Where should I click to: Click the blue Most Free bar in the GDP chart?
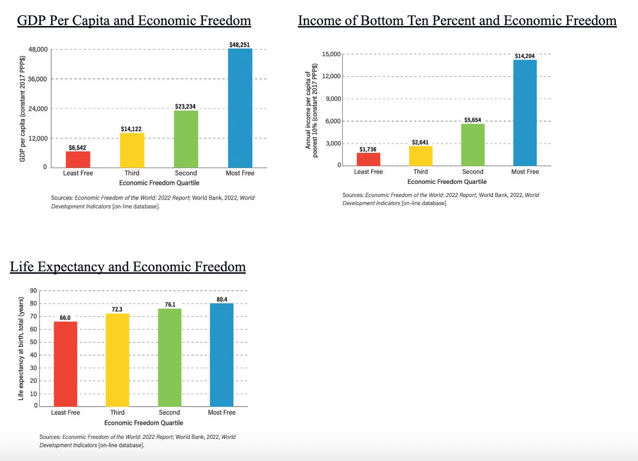pos(240,108)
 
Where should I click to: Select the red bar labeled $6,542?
pos(78,159)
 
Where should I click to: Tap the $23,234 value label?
pos(185,107)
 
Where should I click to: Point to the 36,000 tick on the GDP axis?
pos(37,79)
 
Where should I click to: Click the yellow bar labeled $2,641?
pos(421,156)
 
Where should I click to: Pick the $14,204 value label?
pos(524,56)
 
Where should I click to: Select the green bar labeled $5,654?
pos(473,144)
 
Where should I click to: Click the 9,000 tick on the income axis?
pos(333,99)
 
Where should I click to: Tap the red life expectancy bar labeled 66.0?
pos(65,364)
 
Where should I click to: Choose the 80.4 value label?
pos(222,299)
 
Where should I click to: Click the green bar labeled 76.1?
pos(170,357)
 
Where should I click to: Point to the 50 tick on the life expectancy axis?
pos(33,342)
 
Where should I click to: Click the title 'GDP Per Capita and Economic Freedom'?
pos(134,21)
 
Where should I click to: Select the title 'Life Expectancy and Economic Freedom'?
pos(128,267)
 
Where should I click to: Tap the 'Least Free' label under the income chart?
pos(368,172)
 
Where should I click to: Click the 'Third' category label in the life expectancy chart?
pos(117,412)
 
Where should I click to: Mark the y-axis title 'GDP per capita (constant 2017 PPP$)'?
pos(22,109)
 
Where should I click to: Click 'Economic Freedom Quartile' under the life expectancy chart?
pos(144,423)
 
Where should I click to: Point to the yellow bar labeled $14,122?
pos(132,150)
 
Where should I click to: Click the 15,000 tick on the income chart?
pos(331,54)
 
